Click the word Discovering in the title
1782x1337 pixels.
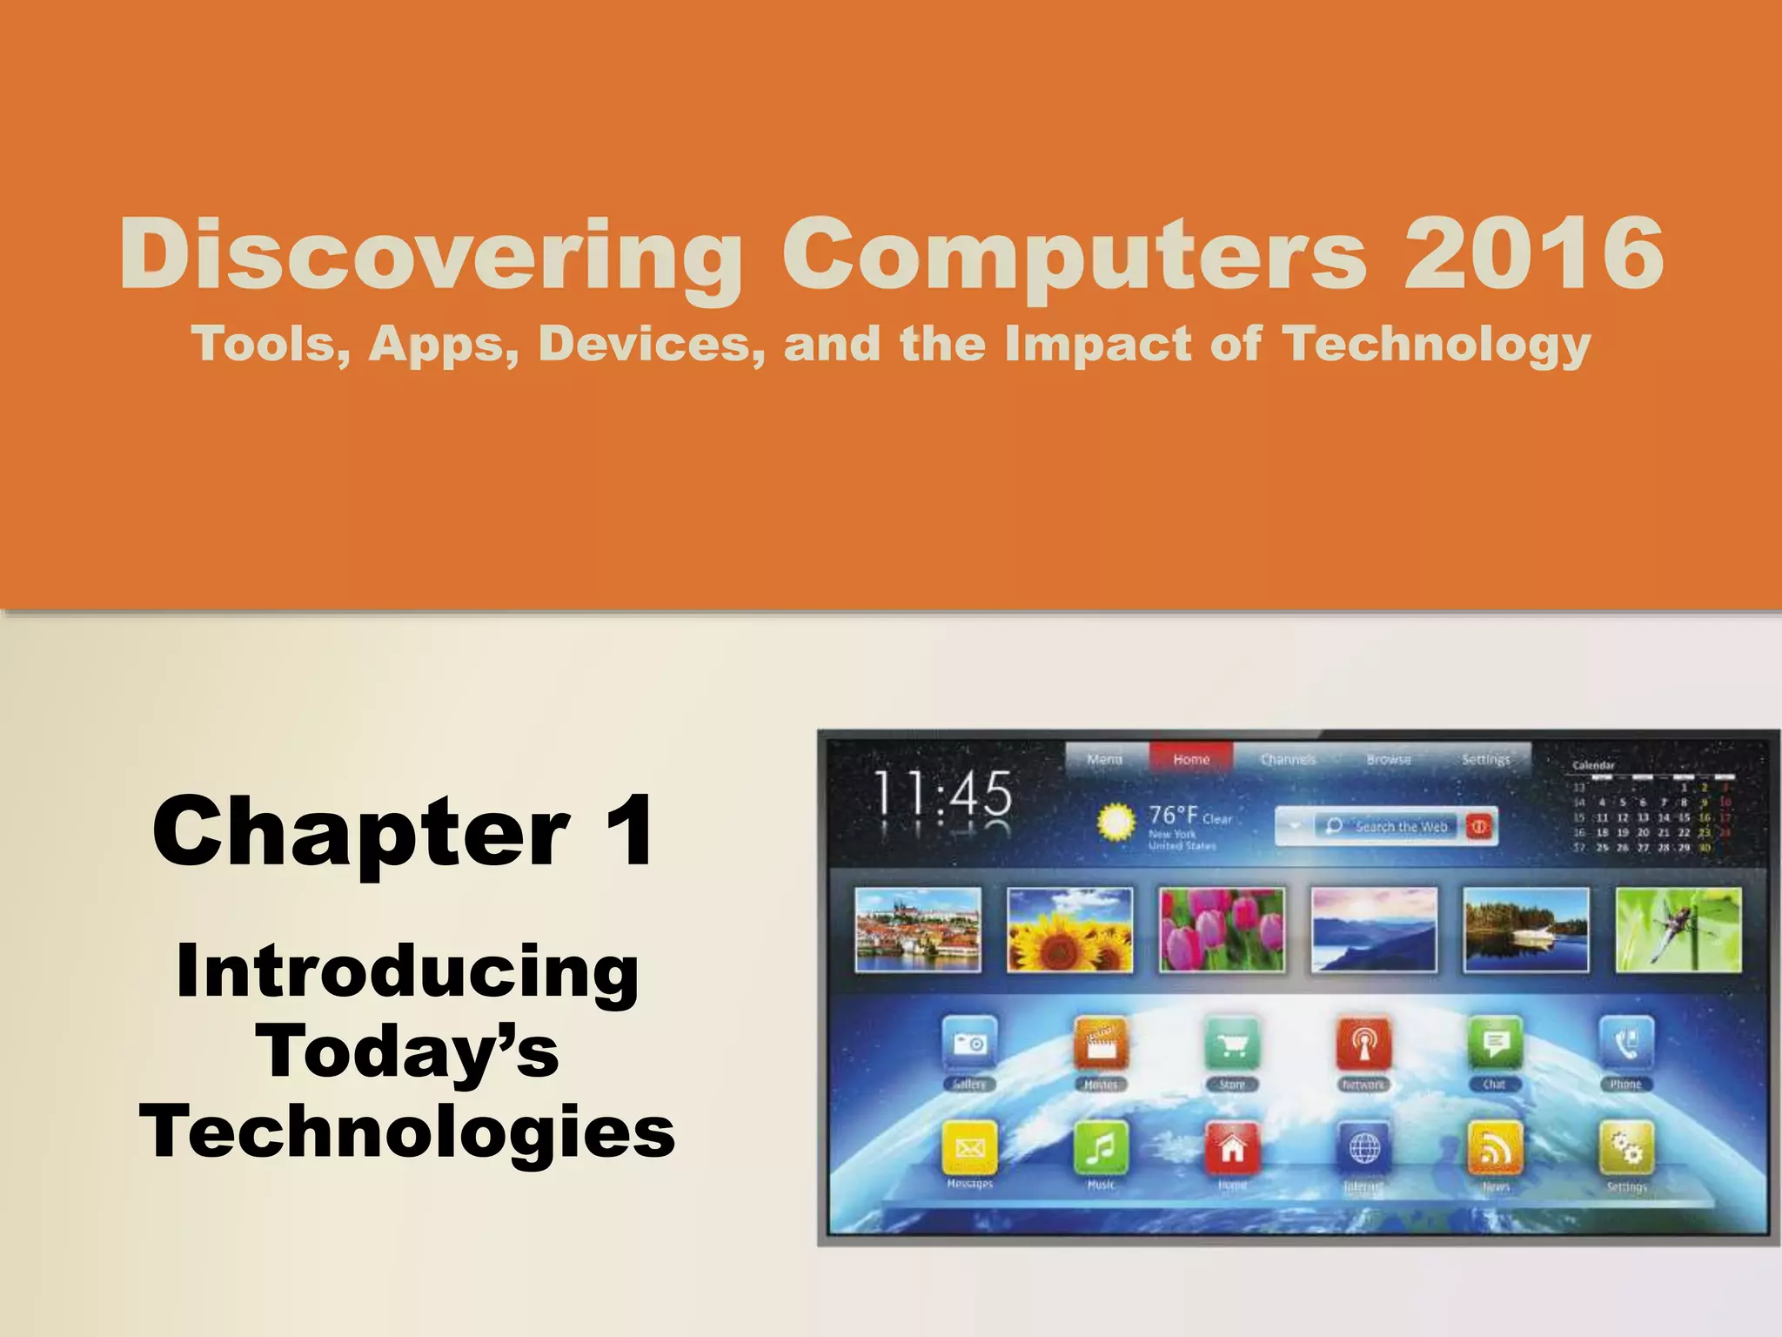(431, 255)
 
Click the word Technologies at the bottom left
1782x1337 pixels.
(407, 1132)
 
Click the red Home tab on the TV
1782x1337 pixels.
(1190, 759)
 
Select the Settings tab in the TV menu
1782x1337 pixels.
(1485, 759)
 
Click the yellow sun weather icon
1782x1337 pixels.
(1117, 822)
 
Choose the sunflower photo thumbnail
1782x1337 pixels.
(1069, 930)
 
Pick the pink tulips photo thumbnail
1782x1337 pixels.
(1222, 930)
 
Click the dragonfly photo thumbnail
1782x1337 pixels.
(1678, 930)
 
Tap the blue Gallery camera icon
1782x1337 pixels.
(969, 1044)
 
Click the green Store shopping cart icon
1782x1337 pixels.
(1232, 1044)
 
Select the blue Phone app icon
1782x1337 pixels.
(1625, 1044)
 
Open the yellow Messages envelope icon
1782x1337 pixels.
(969, 1148)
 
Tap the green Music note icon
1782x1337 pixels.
(1101, 1148)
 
